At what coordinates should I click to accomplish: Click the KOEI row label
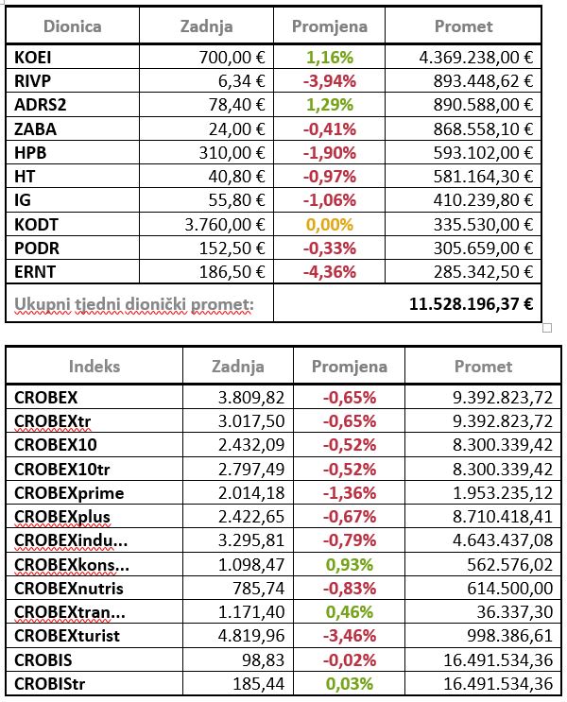point(34,57)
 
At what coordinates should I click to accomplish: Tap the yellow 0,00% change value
point(330,224)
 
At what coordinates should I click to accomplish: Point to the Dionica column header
point(73,26)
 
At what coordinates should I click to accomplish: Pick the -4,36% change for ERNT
point(330,271)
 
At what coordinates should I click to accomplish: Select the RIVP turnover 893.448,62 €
point(476,80)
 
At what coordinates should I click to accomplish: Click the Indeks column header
point(94,366)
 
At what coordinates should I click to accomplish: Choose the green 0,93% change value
point(350,565)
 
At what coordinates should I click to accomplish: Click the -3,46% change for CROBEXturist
point(350,636)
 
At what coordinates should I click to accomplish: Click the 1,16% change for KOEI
point(330,57)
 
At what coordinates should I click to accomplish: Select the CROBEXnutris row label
point(68,589)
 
